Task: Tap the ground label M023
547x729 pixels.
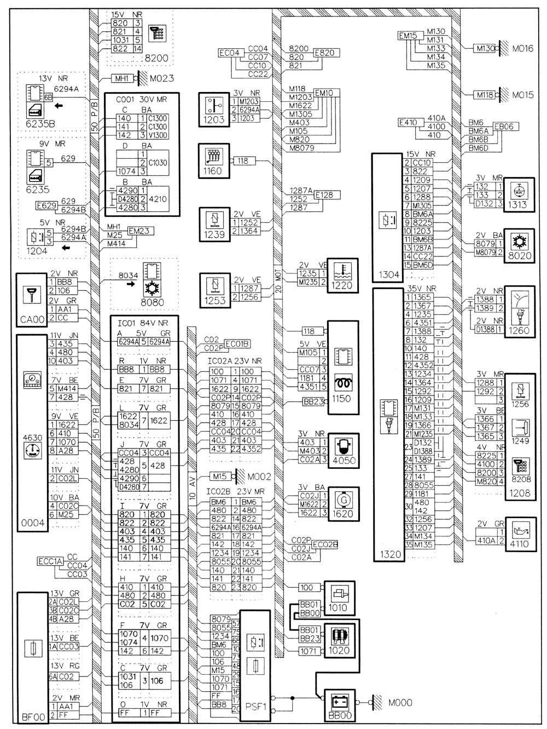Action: tap(160, 78)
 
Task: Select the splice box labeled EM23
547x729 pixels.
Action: tap(139, 231)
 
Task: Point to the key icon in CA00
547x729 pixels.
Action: tap(32, 294)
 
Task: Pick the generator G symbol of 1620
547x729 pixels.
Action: tap(344, 500)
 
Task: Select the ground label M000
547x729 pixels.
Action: tap(400, 703)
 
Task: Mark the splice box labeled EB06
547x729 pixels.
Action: tap(503, 127)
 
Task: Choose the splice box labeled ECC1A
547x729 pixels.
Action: tap(50, 561)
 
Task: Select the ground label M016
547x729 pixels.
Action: tap(522, 49)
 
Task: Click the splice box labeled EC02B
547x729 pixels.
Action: tap(327, 544)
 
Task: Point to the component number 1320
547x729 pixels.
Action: tap(388, 554)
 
